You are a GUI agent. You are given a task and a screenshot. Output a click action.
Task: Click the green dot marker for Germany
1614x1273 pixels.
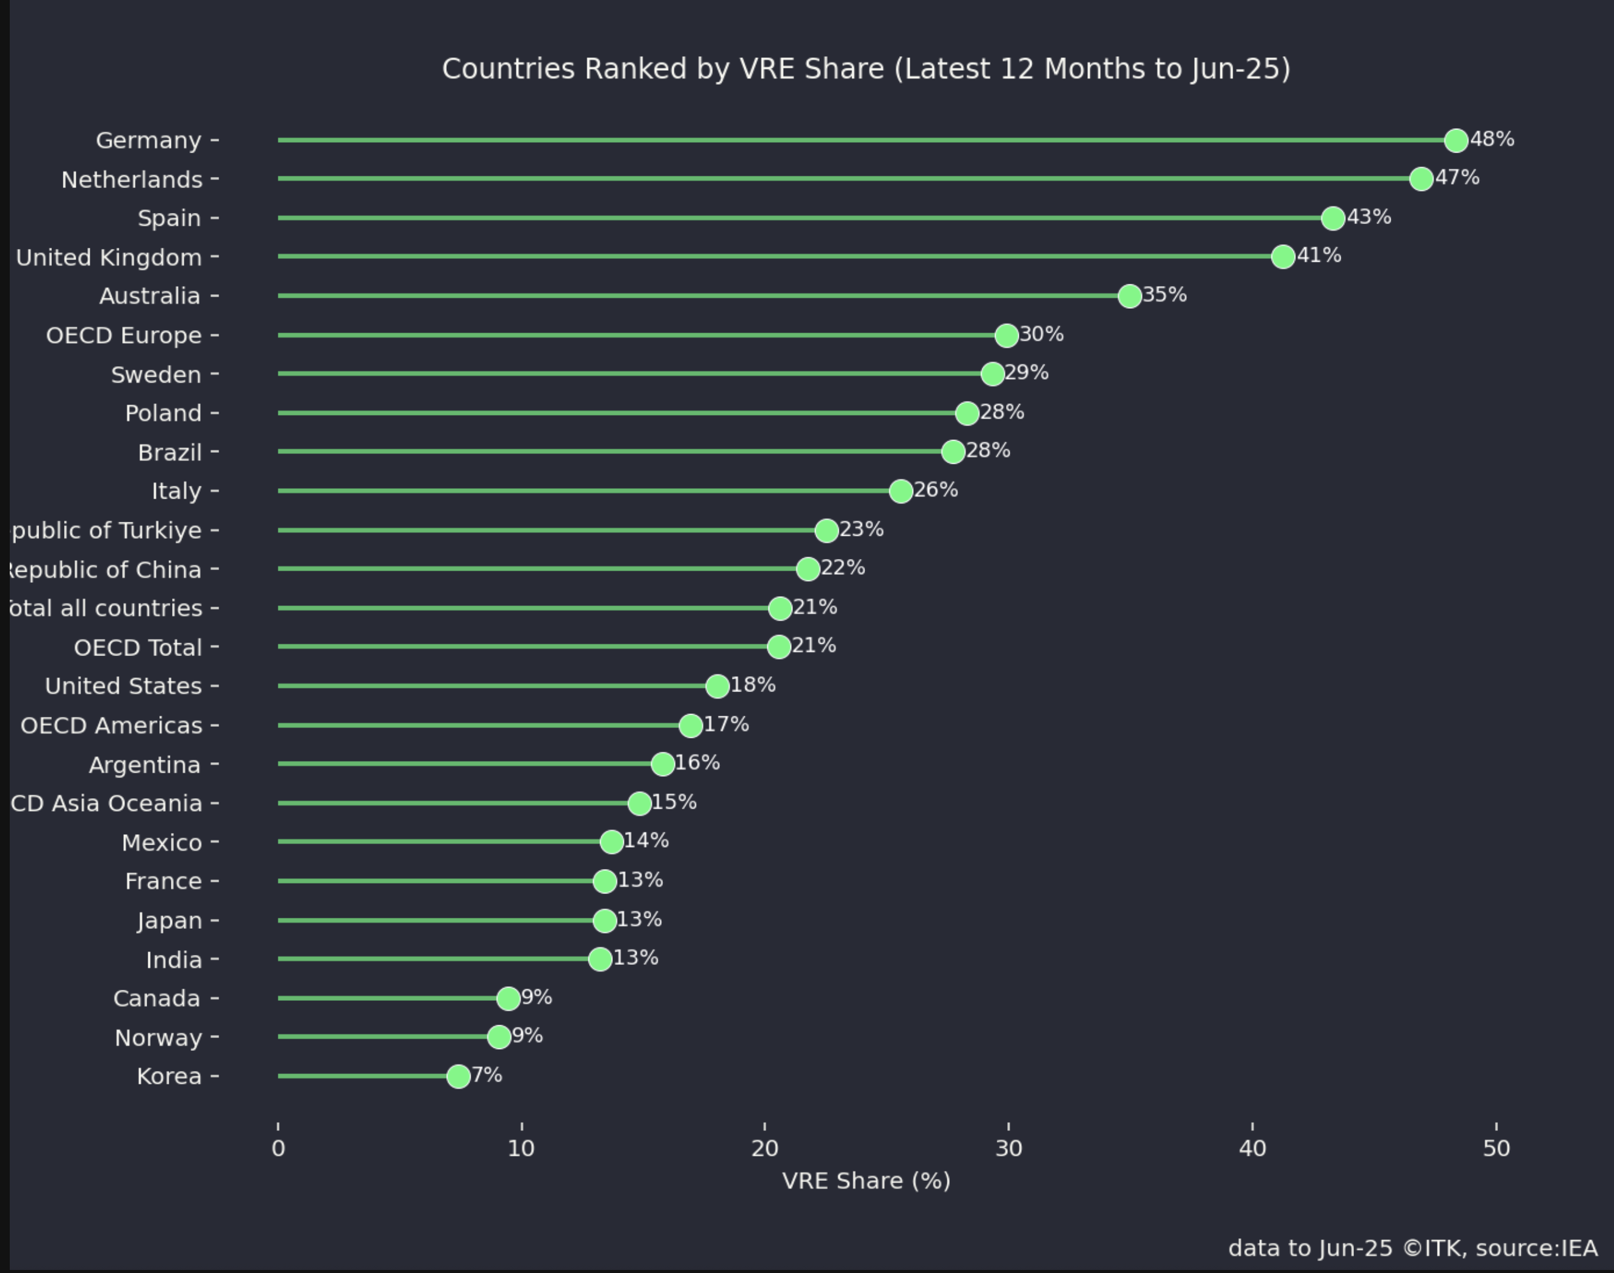point(1456,140)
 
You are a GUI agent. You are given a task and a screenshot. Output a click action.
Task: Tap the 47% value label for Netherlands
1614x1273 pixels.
point(1458,178)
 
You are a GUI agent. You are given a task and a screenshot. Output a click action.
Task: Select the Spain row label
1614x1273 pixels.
point(169,218)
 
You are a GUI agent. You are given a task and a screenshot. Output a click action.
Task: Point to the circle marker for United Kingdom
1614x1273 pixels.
point(1283,256)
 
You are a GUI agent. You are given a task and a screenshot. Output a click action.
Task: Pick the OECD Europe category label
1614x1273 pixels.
point(124,336)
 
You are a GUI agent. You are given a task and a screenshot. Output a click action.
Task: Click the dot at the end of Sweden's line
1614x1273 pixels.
point(992,374)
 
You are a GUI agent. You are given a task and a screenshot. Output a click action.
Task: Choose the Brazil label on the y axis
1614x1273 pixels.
point(170,452)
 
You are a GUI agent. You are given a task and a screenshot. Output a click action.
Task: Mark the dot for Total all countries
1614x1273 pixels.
point(780,608)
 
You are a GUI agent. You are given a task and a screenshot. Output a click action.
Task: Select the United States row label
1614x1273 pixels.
point(123,687)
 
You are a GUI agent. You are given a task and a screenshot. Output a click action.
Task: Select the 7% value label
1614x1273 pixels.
point(487,1075)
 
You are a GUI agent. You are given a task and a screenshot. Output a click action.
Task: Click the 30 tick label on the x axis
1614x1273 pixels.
point(1008,1149)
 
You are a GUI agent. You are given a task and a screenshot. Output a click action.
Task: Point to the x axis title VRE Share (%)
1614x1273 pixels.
point(866,1181)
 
